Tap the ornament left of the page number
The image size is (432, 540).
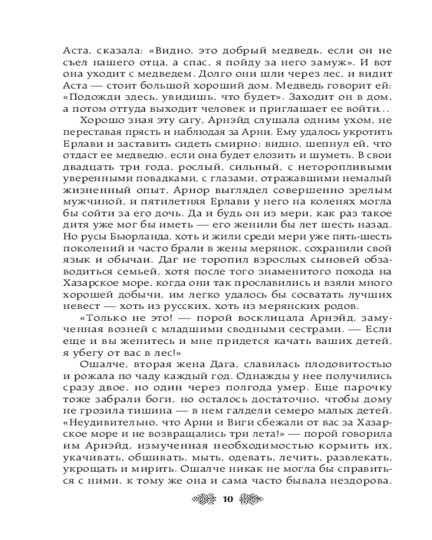click(204, 498)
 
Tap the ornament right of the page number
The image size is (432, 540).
click(249, 498)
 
